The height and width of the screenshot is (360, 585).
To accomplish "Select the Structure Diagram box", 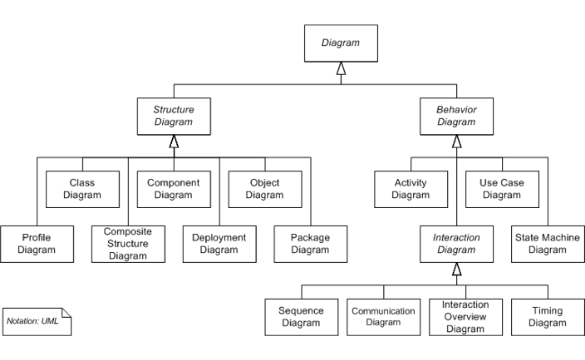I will point(174,116).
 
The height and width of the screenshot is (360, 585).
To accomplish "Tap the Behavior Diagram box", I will point(456,116).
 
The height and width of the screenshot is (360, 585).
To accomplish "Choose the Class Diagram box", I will point(82,188).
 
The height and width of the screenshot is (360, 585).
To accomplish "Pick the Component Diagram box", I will point(174,188).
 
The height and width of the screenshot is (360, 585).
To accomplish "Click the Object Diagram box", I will point(264,188).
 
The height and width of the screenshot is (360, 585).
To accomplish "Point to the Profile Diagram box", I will point(37,243).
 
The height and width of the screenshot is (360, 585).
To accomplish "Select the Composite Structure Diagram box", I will point(128,243).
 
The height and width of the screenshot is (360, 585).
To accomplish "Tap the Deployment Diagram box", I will point(219,243).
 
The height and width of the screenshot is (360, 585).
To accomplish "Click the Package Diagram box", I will point(310,243).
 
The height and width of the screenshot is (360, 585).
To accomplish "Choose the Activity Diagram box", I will point(410,188).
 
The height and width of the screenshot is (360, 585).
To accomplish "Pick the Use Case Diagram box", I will point(501,188).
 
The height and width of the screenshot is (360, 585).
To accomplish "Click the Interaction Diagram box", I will point(456,243).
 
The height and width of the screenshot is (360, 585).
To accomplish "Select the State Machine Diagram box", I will point(547,243).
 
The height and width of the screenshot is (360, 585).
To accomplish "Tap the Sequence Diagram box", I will point(301,317).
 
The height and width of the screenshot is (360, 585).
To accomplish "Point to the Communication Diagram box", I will point(382,317).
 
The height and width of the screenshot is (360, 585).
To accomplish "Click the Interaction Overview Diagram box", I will point(465,317).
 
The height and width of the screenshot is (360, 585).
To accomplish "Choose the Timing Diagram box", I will point(547,317).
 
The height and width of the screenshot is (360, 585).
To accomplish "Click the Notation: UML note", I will point(36,320).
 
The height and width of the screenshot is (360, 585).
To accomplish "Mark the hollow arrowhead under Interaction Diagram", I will point(456,269).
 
